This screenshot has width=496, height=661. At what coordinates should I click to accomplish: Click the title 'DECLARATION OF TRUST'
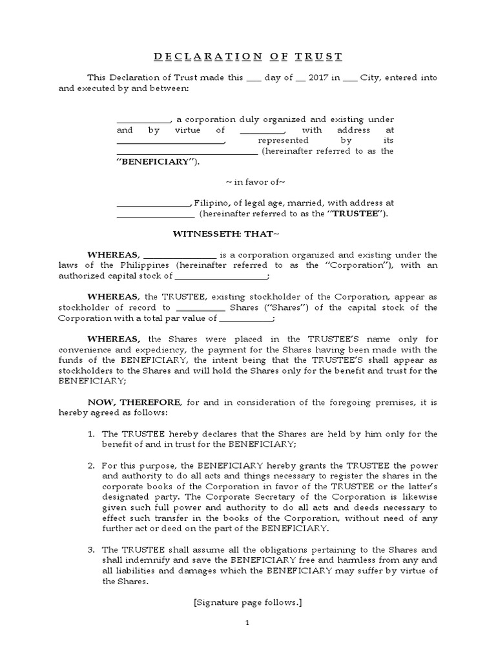click(248, 56)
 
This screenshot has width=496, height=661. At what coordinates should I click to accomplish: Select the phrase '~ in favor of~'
click(248, 182)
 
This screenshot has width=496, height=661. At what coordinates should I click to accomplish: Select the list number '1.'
click(91, 433)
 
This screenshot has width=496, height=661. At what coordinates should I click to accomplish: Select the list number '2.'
click(91, 465)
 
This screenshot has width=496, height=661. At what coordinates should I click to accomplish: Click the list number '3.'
click(91, 549)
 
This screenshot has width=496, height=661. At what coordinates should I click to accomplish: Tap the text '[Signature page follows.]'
click(248, 602)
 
